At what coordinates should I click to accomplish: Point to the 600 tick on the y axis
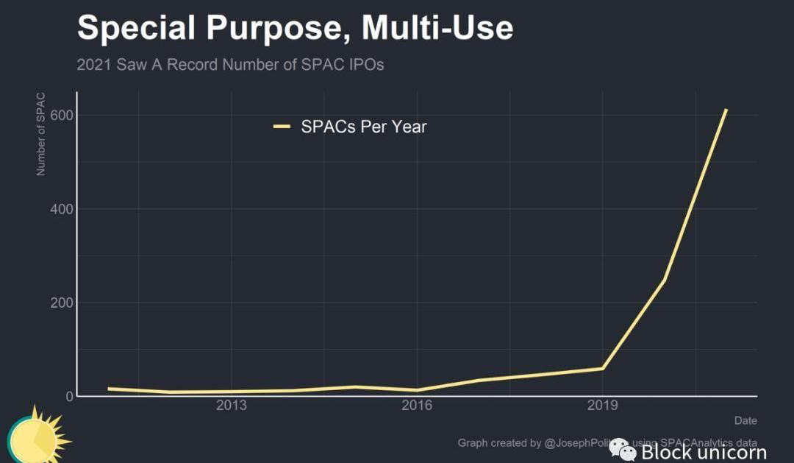(x=62, y=116)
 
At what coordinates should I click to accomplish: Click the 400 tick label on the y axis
(x=62, y=209)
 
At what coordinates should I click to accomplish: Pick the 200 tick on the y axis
(x=62, y=303)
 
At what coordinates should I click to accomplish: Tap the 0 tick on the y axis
(x=69, y=396)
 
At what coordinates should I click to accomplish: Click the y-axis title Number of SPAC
(x=41, y=134)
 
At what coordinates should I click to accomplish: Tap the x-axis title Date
(x=745, y=420)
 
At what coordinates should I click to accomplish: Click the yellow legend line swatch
(x=282, y=127)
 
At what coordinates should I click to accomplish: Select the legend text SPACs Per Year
(x=364, y=127)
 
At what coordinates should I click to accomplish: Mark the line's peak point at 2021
(x=726, y=110)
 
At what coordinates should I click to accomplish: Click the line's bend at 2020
(x=664, y=280)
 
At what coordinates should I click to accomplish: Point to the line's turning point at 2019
(x=603, y=368)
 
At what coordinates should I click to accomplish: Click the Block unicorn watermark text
(x=704, y=451)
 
